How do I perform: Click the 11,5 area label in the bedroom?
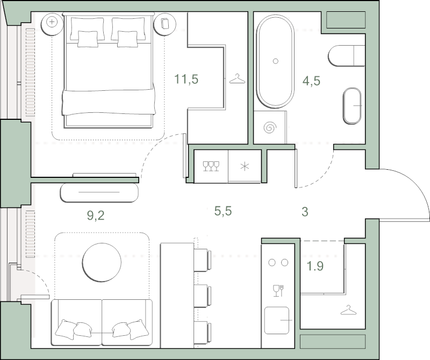[186, 79]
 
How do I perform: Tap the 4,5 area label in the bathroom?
[311, 81]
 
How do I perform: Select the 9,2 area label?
[96, 216]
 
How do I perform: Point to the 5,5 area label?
[223, 211]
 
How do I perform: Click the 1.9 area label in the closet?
[315, 266]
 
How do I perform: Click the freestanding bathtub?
[275, 61]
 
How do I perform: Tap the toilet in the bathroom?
[347, 56]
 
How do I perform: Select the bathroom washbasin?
[352, 106]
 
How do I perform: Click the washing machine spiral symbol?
[270, 127]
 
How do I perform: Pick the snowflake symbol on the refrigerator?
[245, 167]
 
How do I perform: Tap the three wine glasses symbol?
[211, 166]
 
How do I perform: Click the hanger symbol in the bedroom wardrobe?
[237, 78]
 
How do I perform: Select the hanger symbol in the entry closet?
[348, 310]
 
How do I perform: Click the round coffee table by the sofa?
[102, 262]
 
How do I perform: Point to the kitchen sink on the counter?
[277, 320]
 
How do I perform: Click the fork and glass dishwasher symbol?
[278, 291]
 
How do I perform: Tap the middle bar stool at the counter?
[203, 296]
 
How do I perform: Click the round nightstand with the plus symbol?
[52, 22]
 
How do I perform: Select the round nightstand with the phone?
[164, 23]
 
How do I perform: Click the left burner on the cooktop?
[272, 263]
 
